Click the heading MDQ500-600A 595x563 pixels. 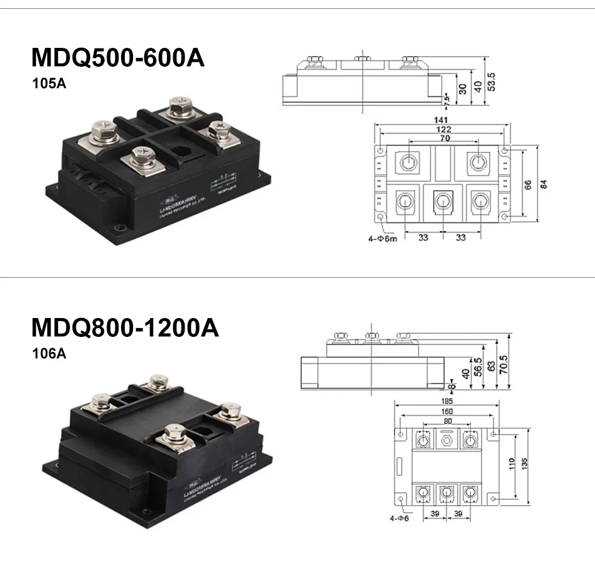(118, 58)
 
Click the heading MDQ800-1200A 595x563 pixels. (125, 327)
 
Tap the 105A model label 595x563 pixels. (49, 83)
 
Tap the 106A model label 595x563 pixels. (49, 353)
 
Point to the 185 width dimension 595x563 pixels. (446, 401)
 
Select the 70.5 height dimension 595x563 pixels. (504, 364)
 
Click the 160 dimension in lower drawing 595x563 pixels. (446, 412)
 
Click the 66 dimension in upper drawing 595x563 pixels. (527, 184)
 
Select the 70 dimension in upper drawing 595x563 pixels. (444, 138)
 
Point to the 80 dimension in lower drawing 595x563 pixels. (446, 422)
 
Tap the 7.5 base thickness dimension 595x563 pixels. (446, 99)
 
